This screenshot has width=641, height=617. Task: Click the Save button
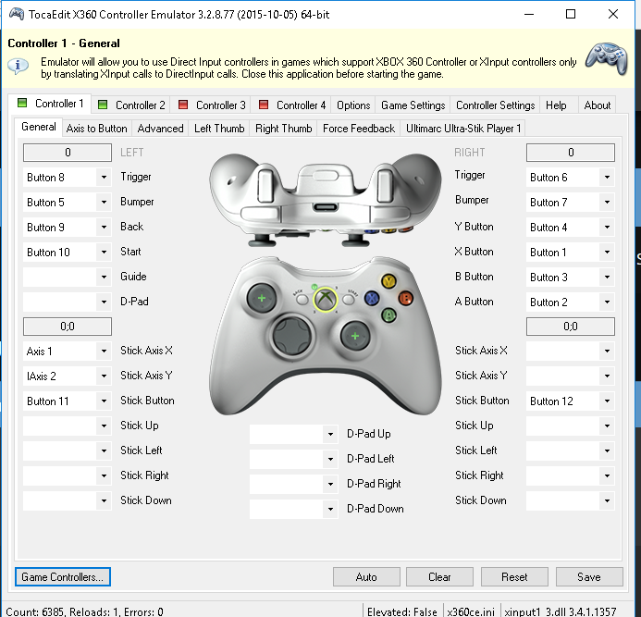tap(589, 576)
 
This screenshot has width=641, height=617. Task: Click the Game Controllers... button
tap(63, 576)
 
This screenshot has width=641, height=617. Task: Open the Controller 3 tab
tap(212, 105)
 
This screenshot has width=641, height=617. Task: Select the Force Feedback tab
tap(359, 129)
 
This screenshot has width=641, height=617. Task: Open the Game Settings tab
tap(413, 105)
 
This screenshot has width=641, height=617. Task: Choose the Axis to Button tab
tap(96, 129)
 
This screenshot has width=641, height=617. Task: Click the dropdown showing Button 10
tap(67, 253)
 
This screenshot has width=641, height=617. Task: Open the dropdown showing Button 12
tap(571, 401)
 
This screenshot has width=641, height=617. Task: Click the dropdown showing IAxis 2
tap(67, 376)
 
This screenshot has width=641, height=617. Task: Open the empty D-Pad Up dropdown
tap(293, 434)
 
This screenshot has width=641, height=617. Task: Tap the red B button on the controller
tap(405, 298)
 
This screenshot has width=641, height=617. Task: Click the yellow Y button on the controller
tap(388, 281)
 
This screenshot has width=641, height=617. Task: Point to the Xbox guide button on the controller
tap(325, 299)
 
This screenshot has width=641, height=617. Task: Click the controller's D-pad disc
tap(292, 336)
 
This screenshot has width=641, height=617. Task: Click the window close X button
tap(613, 14)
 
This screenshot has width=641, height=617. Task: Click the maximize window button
tap(571, 14)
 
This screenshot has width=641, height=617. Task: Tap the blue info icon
tap(18, 67)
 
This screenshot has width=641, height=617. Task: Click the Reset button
tap(514, 576)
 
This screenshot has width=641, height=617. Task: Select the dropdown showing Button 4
tap(571, 228)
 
